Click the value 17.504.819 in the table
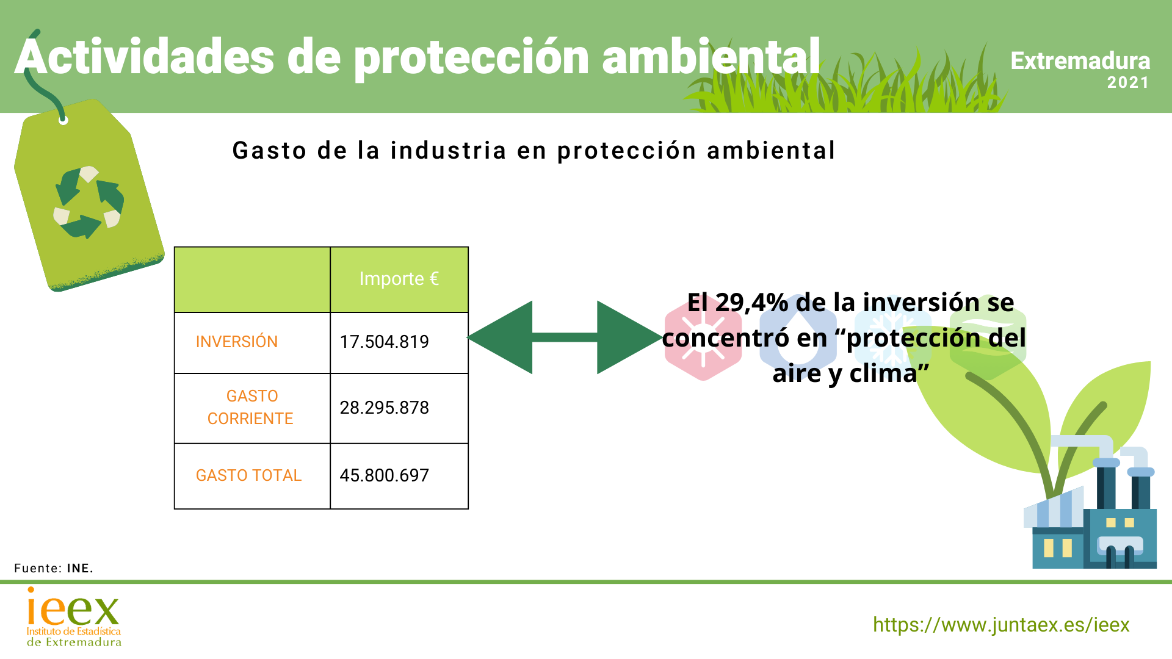coord(384,342)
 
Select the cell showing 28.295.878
coord(384,408)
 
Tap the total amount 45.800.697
coord(384,475)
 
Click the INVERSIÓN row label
coord(237,342)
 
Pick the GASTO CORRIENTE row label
coord(251,408)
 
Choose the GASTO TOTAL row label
coord(248,475)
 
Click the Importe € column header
coord(399,279)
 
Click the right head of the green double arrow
coord(626,337)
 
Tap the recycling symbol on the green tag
coord(89,202)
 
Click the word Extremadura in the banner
coord(1080,61)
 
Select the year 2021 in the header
coord(1128,82)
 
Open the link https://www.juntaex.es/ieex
coord(1001,625)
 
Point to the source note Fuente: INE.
coord(54,568)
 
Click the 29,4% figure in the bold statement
coord(751,303)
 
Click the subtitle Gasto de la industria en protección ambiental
coord(534,151)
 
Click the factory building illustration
coord(1093,525)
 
